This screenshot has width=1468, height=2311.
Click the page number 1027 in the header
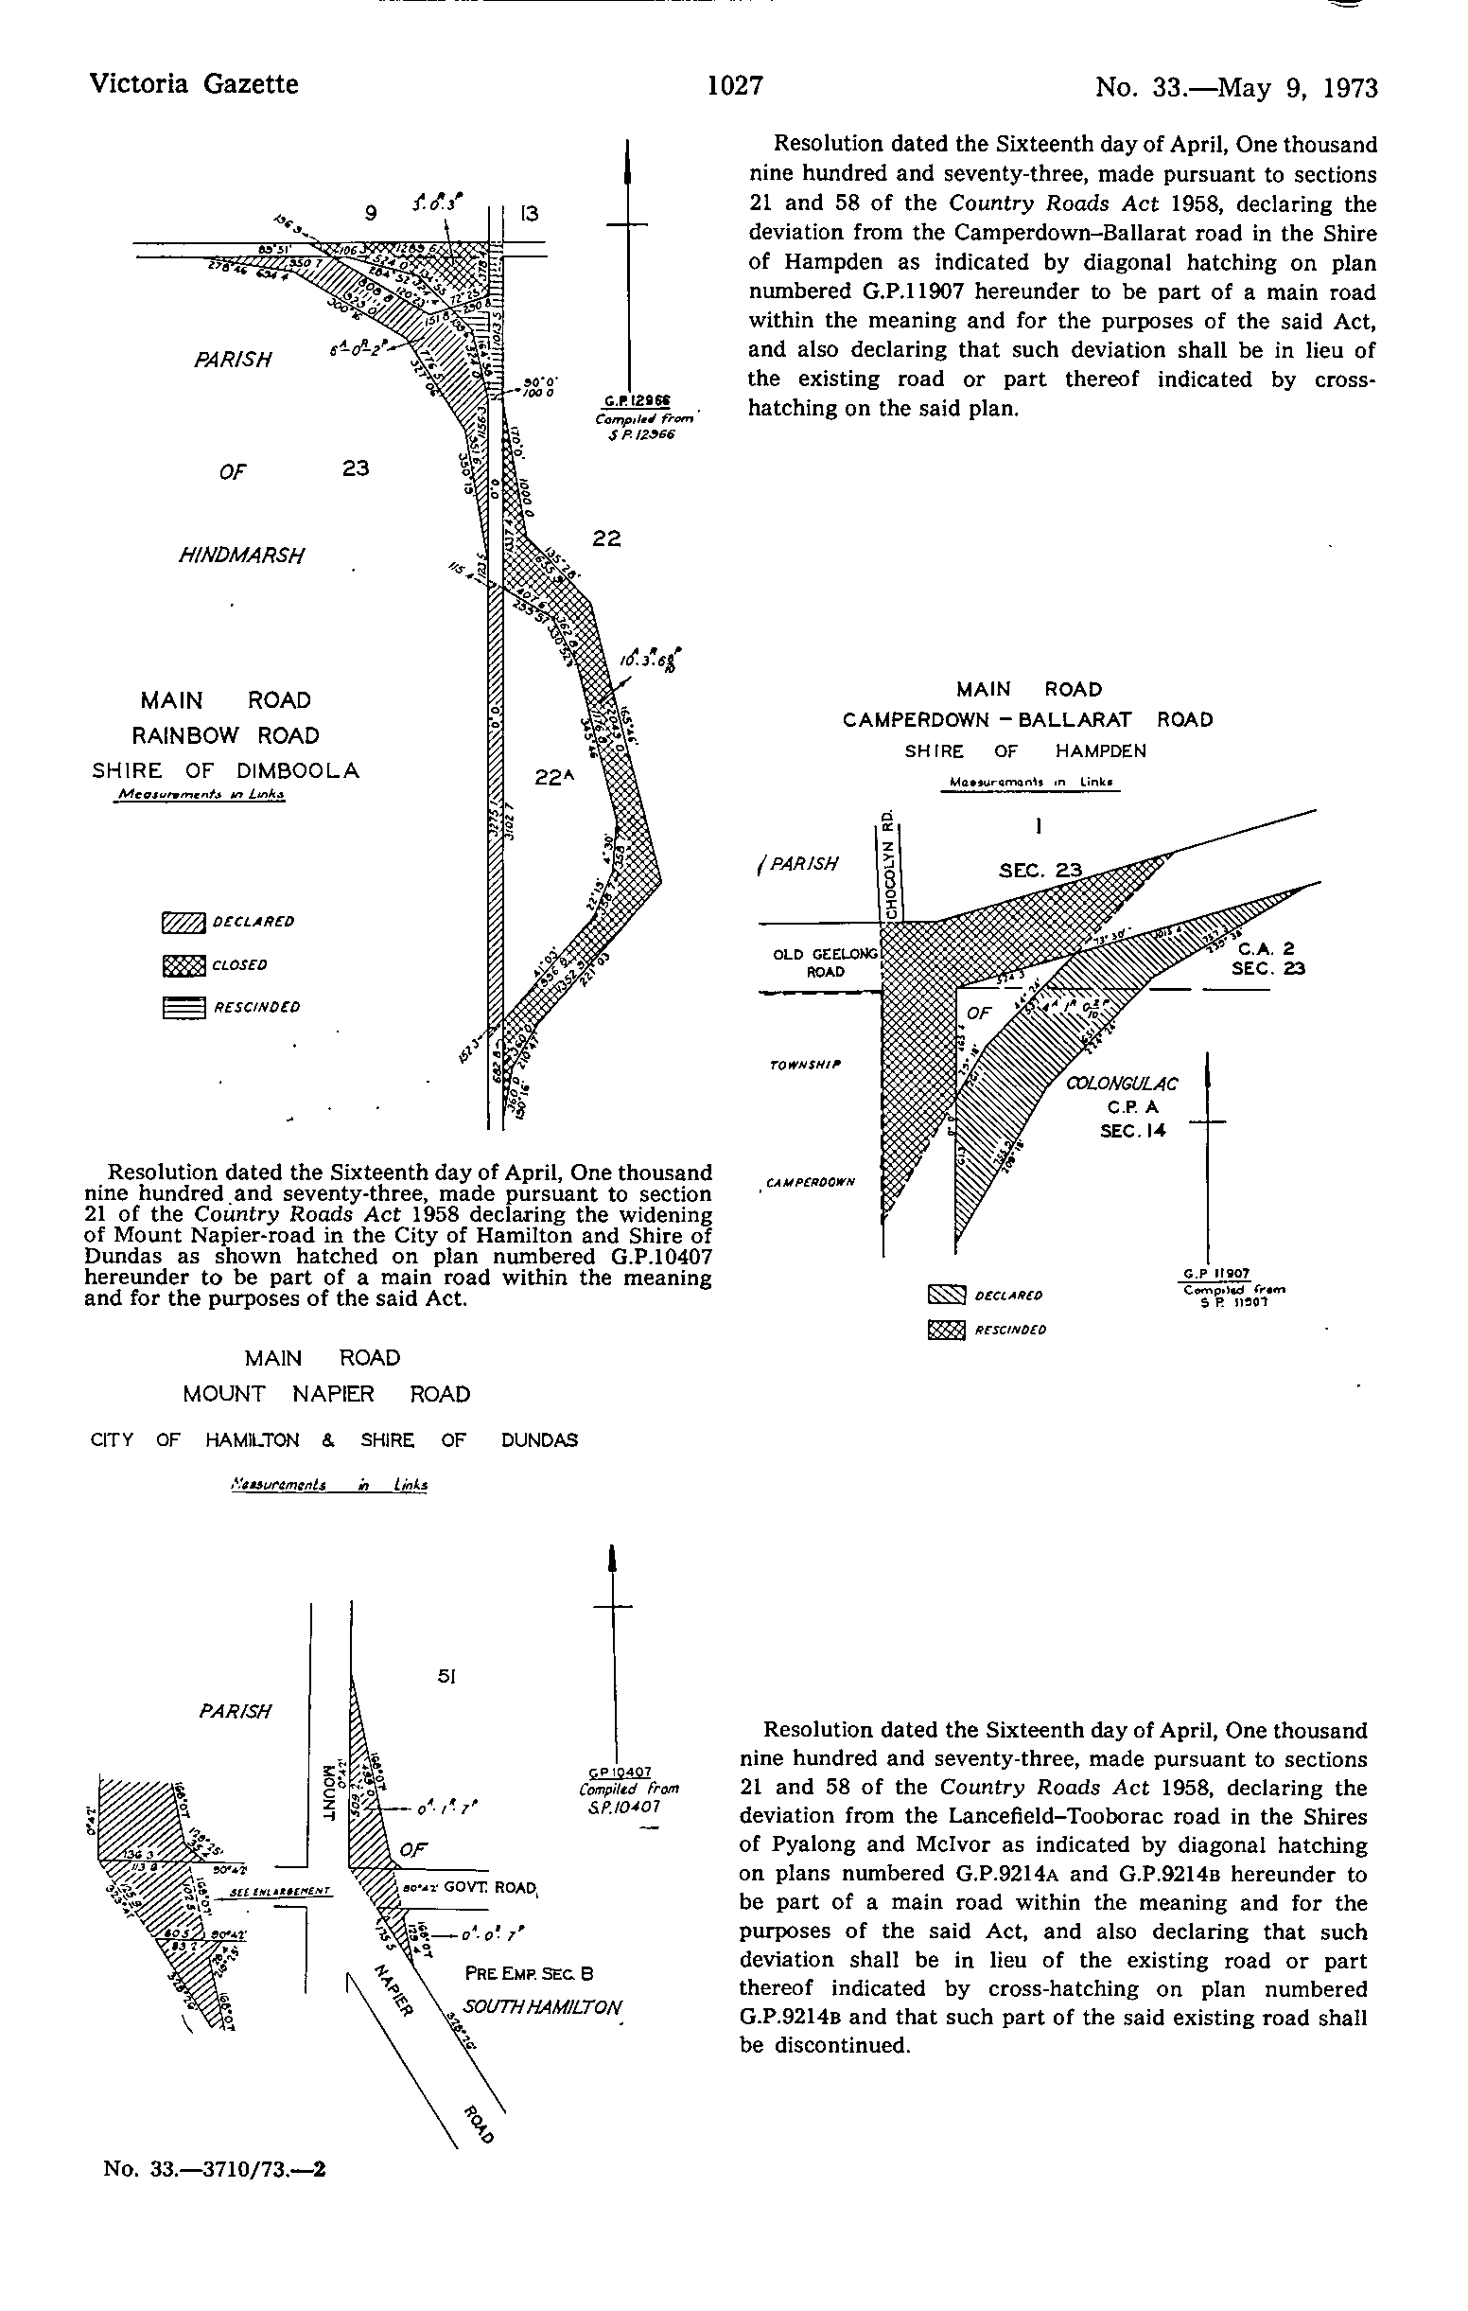734,86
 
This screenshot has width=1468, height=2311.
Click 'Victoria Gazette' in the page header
193,84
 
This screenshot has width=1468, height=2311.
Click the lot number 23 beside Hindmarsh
356,468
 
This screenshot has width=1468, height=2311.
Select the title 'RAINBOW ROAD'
224,735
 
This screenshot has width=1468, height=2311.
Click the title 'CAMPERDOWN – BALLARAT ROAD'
1026,720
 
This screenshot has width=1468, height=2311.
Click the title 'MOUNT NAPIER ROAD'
326,1394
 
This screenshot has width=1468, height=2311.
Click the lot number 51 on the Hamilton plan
446,1677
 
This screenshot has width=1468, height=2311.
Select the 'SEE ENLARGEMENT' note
280,1892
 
